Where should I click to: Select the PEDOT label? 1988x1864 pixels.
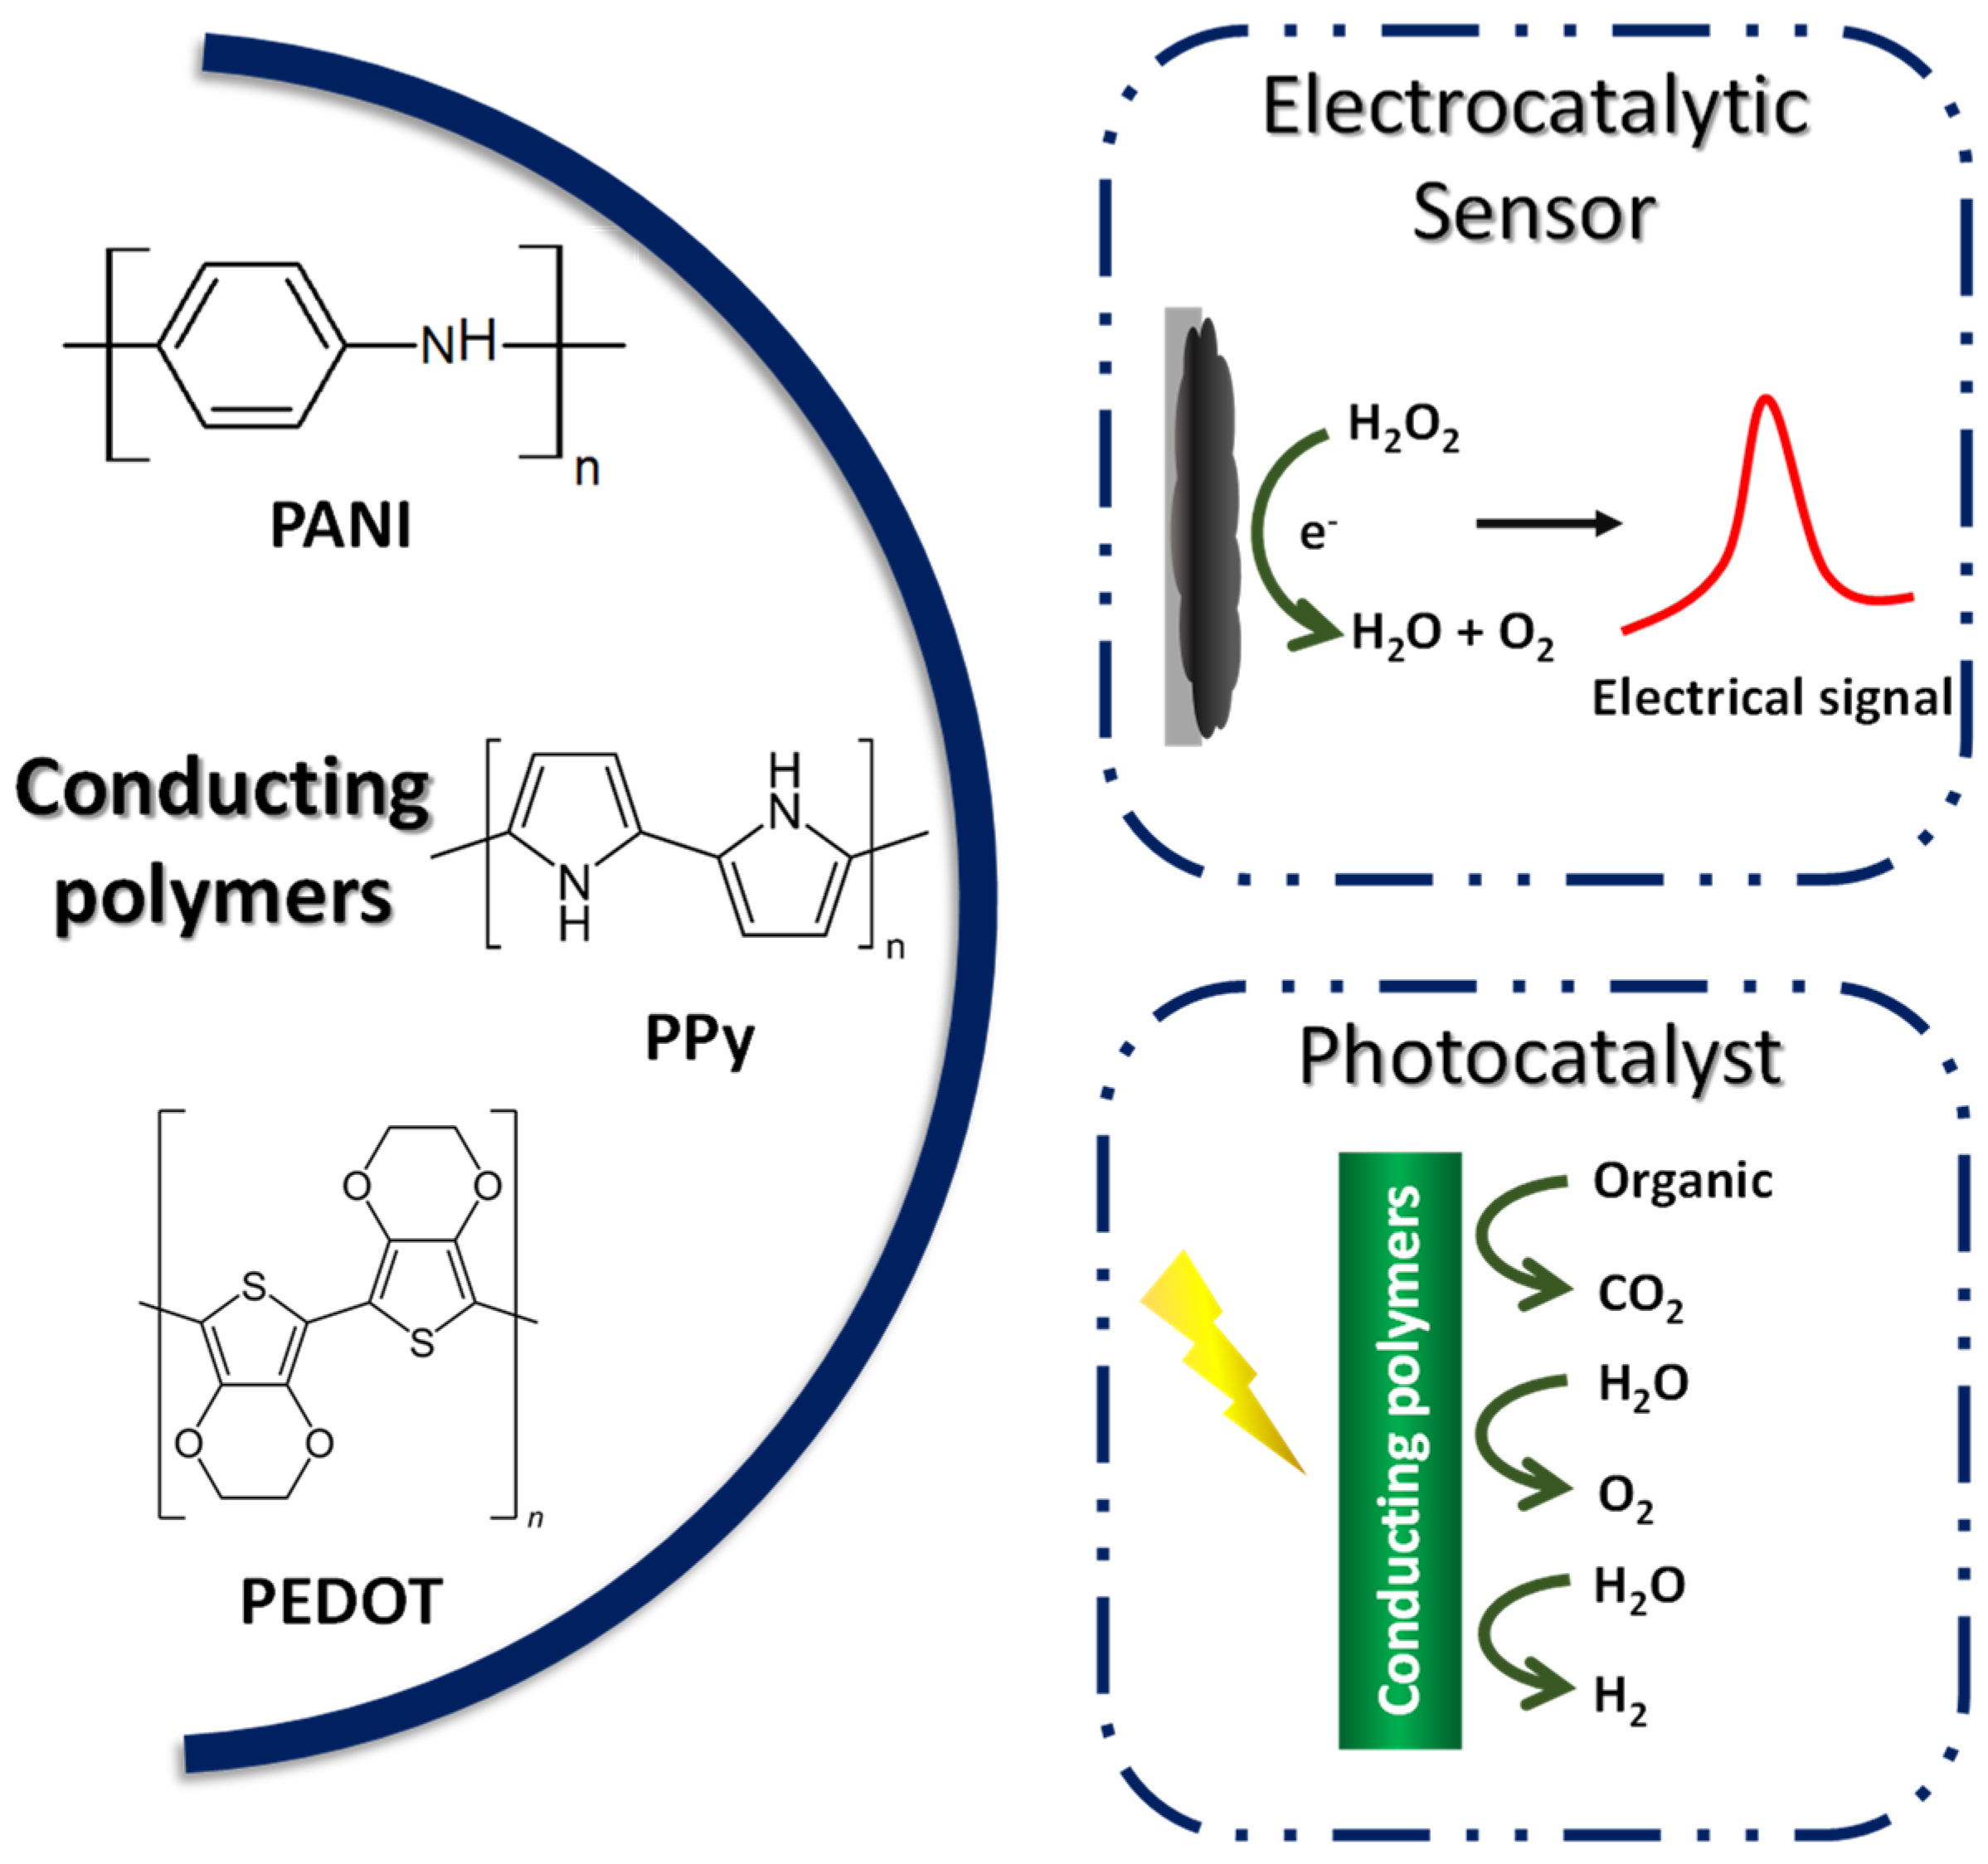click(x=341, y=1602)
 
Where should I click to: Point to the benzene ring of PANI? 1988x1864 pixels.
click(x=252, y=345)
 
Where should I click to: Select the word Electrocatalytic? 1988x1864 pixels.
click(x=1535, y=107)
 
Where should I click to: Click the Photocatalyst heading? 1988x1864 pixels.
click(x=1539, y=1058)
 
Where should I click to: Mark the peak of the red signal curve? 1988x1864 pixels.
click(x=1767, y=399)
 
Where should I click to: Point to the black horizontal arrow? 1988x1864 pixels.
click(x=1548, y=522)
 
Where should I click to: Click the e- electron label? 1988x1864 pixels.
click(x=1317, y=533)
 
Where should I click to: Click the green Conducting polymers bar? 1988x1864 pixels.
click(x=1400, y=1451)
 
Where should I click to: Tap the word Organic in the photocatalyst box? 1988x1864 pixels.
click(x=1682, y=1181)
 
